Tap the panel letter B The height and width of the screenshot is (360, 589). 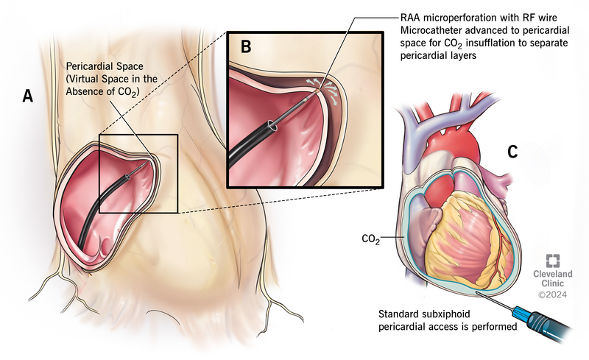[246, 46]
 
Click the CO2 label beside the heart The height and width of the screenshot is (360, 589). [373, 239]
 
